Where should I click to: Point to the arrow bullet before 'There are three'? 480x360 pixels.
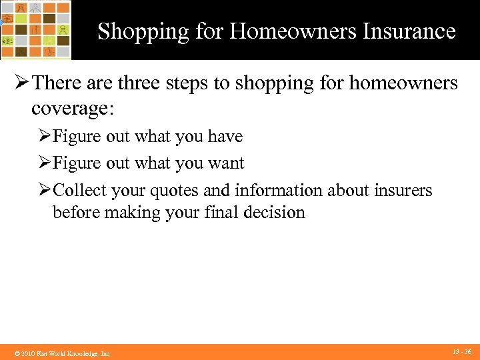(x=19, y=83)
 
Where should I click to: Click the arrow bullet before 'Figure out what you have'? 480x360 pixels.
(x=44, y=137)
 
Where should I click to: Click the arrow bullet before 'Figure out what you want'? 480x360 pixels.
(x=44, y=163)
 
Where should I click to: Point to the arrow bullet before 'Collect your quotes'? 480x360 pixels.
(x=44, y=191)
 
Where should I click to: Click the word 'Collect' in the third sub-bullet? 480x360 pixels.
(x=80, y=191)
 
